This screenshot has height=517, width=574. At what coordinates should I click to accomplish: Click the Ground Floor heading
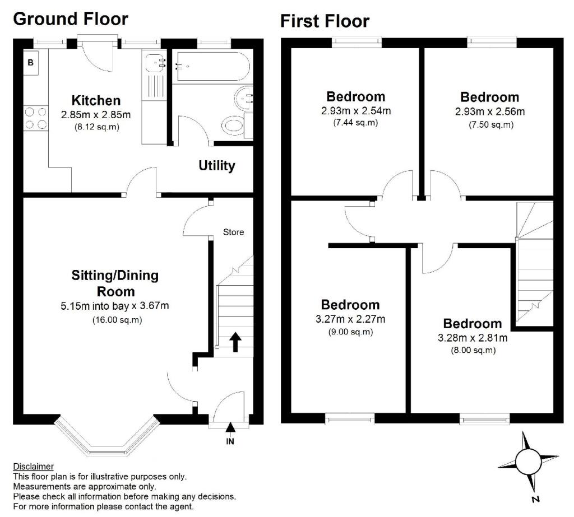click(71, 19)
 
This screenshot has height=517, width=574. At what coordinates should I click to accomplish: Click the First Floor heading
click(325, 21)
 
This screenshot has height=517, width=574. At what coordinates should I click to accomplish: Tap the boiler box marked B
click(31, 63)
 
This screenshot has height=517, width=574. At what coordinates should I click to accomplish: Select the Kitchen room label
click(96, 100)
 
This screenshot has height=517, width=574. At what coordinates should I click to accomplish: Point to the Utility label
click(217, 165)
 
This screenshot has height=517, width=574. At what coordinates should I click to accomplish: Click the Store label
click(234, 232)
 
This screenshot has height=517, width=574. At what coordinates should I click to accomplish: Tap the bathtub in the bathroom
click(213, 66)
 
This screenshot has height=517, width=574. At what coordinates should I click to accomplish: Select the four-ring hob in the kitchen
click(36, 118)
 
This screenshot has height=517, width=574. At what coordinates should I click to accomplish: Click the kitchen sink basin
click(154, 63)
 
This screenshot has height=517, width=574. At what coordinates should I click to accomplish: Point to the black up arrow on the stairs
click(235, 342)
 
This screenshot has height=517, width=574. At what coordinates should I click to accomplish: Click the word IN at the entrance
click(230, 441)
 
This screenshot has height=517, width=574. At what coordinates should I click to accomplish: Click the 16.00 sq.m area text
click(117, 320)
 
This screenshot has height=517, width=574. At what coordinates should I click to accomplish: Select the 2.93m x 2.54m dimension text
click(356, 110)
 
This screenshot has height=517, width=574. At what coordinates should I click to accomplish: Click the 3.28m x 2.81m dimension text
click(473, 337)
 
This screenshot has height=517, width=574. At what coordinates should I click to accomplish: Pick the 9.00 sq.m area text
click(350, 332)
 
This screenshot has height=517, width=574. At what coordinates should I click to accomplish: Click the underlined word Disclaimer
click(33, 467)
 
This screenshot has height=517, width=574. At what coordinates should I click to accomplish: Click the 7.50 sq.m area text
click(491, 125)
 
